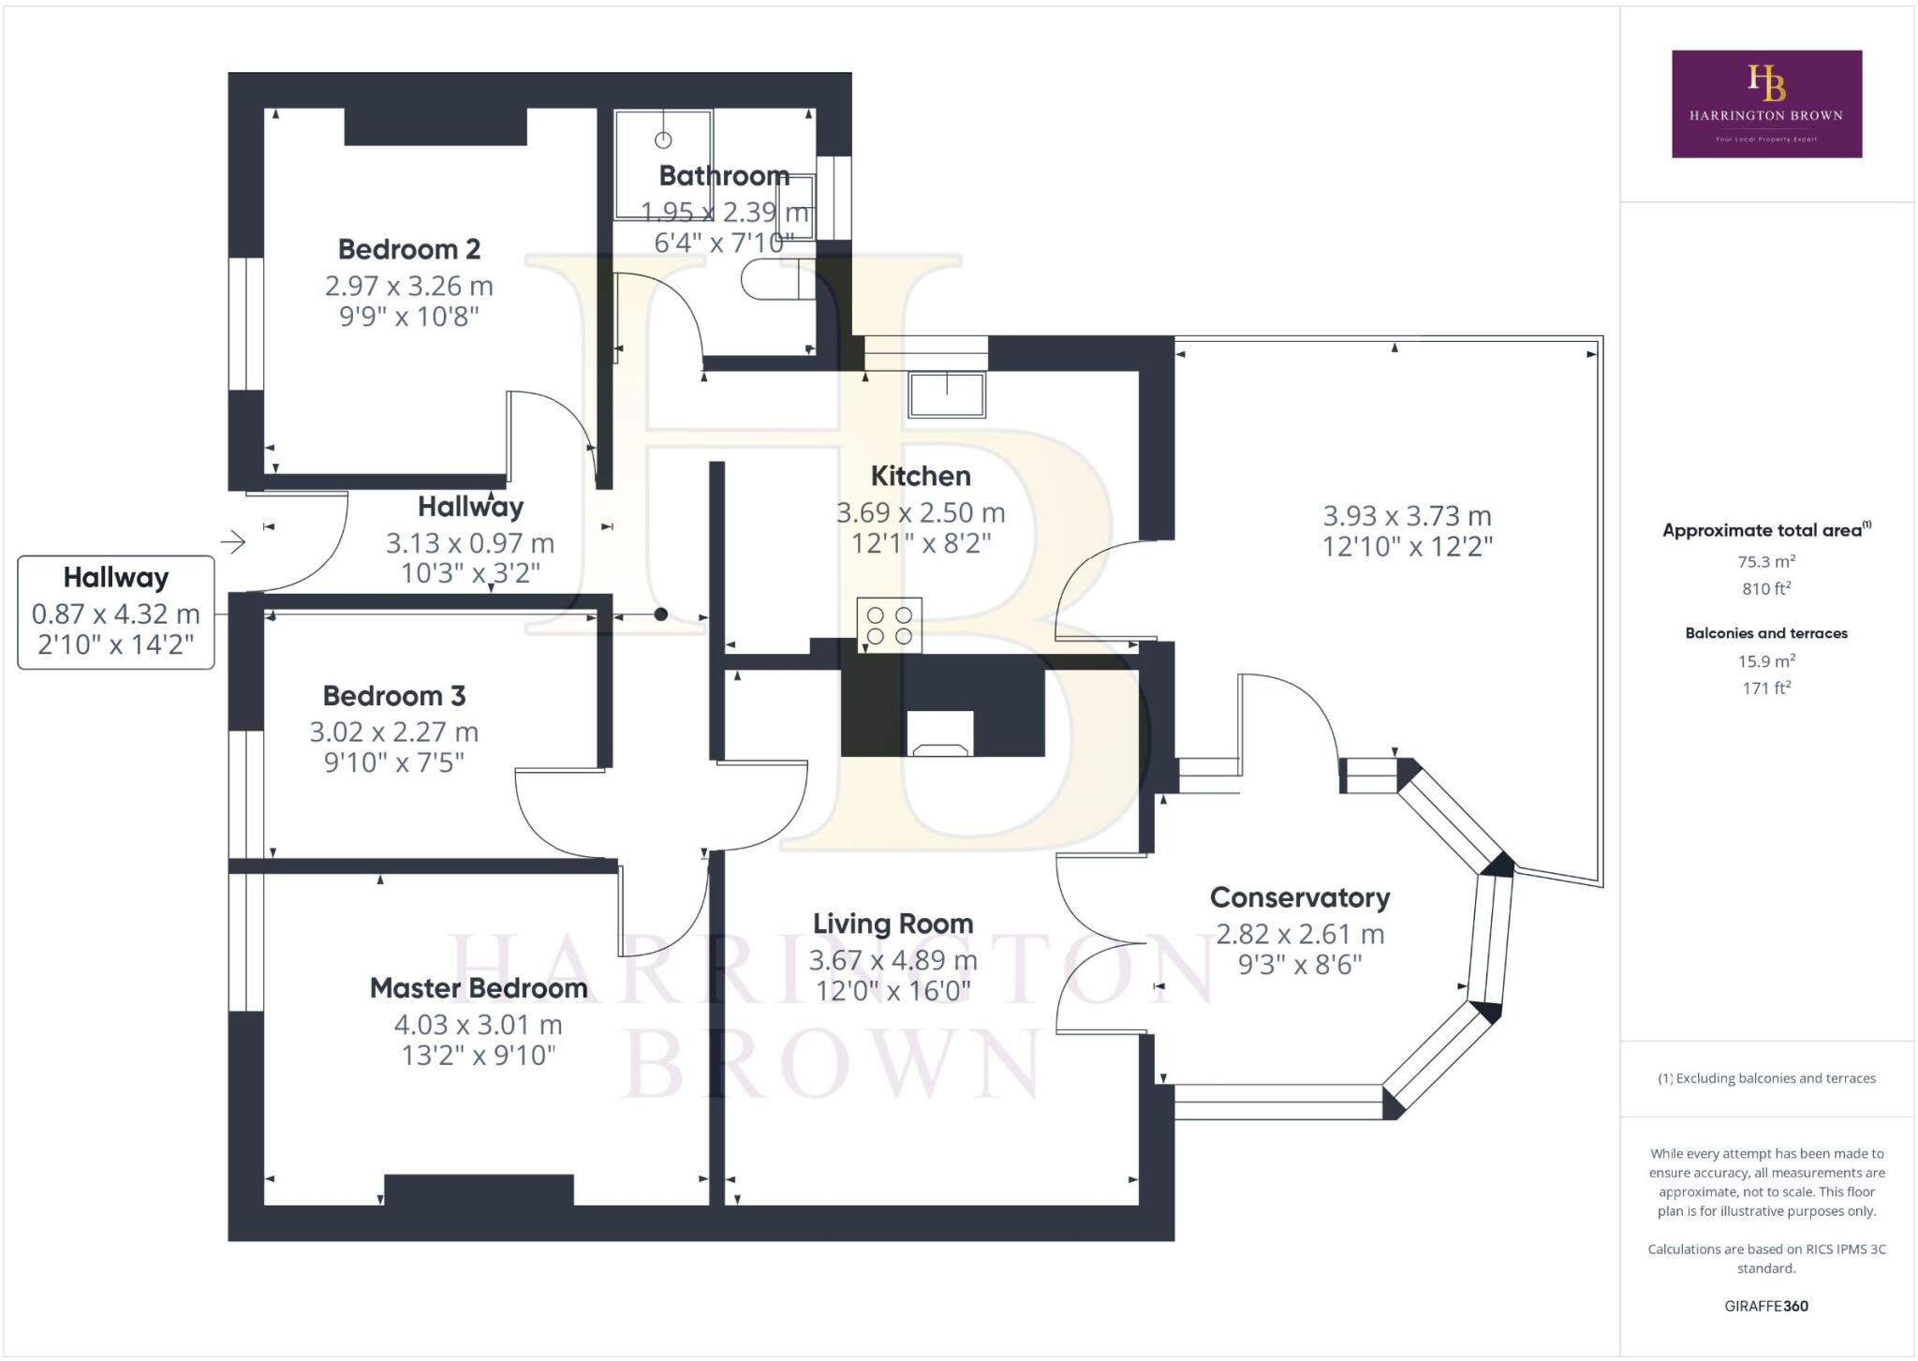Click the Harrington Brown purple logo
[x=1766, y=104]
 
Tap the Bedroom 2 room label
[x=408, y=249]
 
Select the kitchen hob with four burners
[x=889, y=626]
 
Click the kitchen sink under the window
[x=946, y=394]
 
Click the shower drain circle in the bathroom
[x=663, y=141]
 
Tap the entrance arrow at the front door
[x=232, y=541]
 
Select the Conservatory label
[x=1299, y=897]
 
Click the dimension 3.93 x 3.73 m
[x=1407, y=515]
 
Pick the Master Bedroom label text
[x=479, y=988]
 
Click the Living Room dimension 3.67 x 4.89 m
[x=893, y=960]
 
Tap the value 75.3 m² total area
[x=1766, y=561]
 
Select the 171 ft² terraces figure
[x=1766, y=688]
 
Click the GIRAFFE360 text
[x=1766, y=1306]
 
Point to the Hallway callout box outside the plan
[x=116, y=613]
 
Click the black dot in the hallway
[x=660, y=614]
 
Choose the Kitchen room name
[x=920, y=476]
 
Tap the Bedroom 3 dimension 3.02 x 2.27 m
[x=393, y=732]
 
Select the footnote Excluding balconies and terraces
[x=1766, y=1078]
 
